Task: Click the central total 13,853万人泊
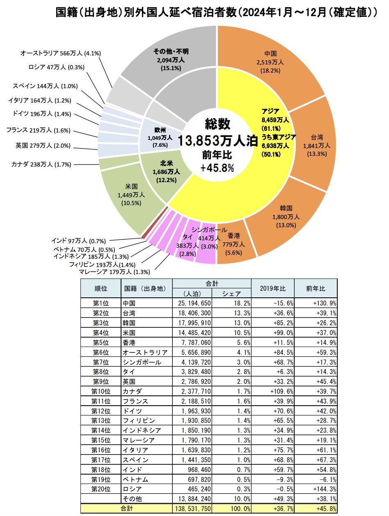coord(217,140)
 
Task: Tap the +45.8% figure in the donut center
coord(217,168)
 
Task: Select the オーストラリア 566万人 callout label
coord(60,53)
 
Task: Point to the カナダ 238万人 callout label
coord(41,164)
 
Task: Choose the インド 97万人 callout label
coord(73,240)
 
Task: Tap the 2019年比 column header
coord(272,289)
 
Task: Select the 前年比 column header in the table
coord(315,289)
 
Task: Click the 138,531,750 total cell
coord(192,509)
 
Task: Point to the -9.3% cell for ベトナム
coord(272,479)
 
